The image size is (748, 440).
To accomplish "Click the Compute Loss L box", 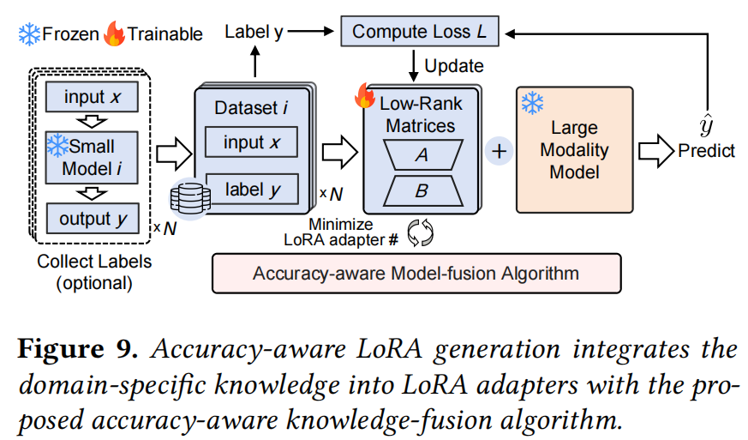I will coord(419,33).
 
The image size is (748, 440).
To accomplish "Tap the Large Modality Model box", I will coord(574,149).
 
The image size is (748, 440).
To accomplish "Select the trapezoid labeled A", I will coord(421,154).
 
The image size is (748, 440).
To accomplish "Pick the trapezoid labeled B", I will coord(421,191).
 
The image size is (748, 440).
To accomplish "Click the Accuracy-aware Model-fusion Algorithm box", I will coord(416,274).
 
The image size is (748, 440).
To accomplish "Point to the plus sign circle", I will coord(499,151).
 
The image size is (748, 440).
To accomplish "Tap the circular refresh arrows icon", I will coord(421,233).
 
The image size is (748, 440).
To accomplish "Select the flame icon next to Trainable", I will coord(113,34).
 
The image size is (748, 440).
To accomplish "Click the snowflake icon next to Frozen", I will coord(29,34).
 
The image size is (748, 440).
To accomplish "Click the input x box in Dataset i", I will coord(251,142).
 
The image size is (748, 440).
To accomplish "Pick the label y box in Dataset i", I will coord(251,188).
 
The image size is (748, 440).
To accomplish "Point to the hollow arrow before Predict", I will coord(656,151).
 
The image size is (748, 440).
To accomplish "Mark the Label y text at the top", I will coord(254,33).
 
